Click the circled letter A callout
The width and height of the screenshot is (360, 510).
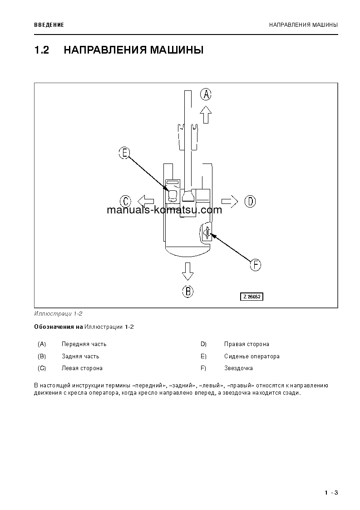[x=206, y=94]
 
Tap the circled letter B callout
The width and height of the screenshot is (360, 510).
[x=187, y=291]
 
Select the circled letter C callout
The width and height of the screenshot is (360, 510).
[x=125, y=201]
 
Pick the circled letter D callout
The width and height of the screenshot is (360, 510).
[x=250, y=201]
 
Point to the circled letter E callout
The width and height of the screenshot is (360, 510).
[x=124, y=153]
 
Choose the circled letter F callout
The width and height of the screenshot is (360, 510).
[x=256, y=265]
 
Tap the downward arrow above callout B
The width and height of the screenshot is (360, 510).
[x=187, y=271]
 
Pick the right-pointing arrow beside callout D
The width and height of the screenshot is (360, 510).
[x=230, y=201]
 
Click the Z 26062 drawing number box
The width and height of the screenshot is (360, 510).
[x=252, y=297]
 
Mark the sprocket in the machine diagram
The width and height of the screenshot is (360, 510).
[x=207, y=233]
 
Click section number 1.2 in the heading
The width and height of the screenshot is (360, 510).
[x=41, y=50]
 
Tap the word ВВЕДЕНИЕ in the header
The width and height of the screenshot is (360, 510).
[x=49, y=25]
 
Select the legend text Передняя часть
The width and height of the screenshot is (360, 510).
[x=84, y=344]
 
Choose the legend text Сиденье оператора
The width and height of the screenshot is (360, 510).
[x=252, y=357]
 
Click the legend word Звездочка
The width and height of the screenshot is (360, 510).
[x=238, y=368]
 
